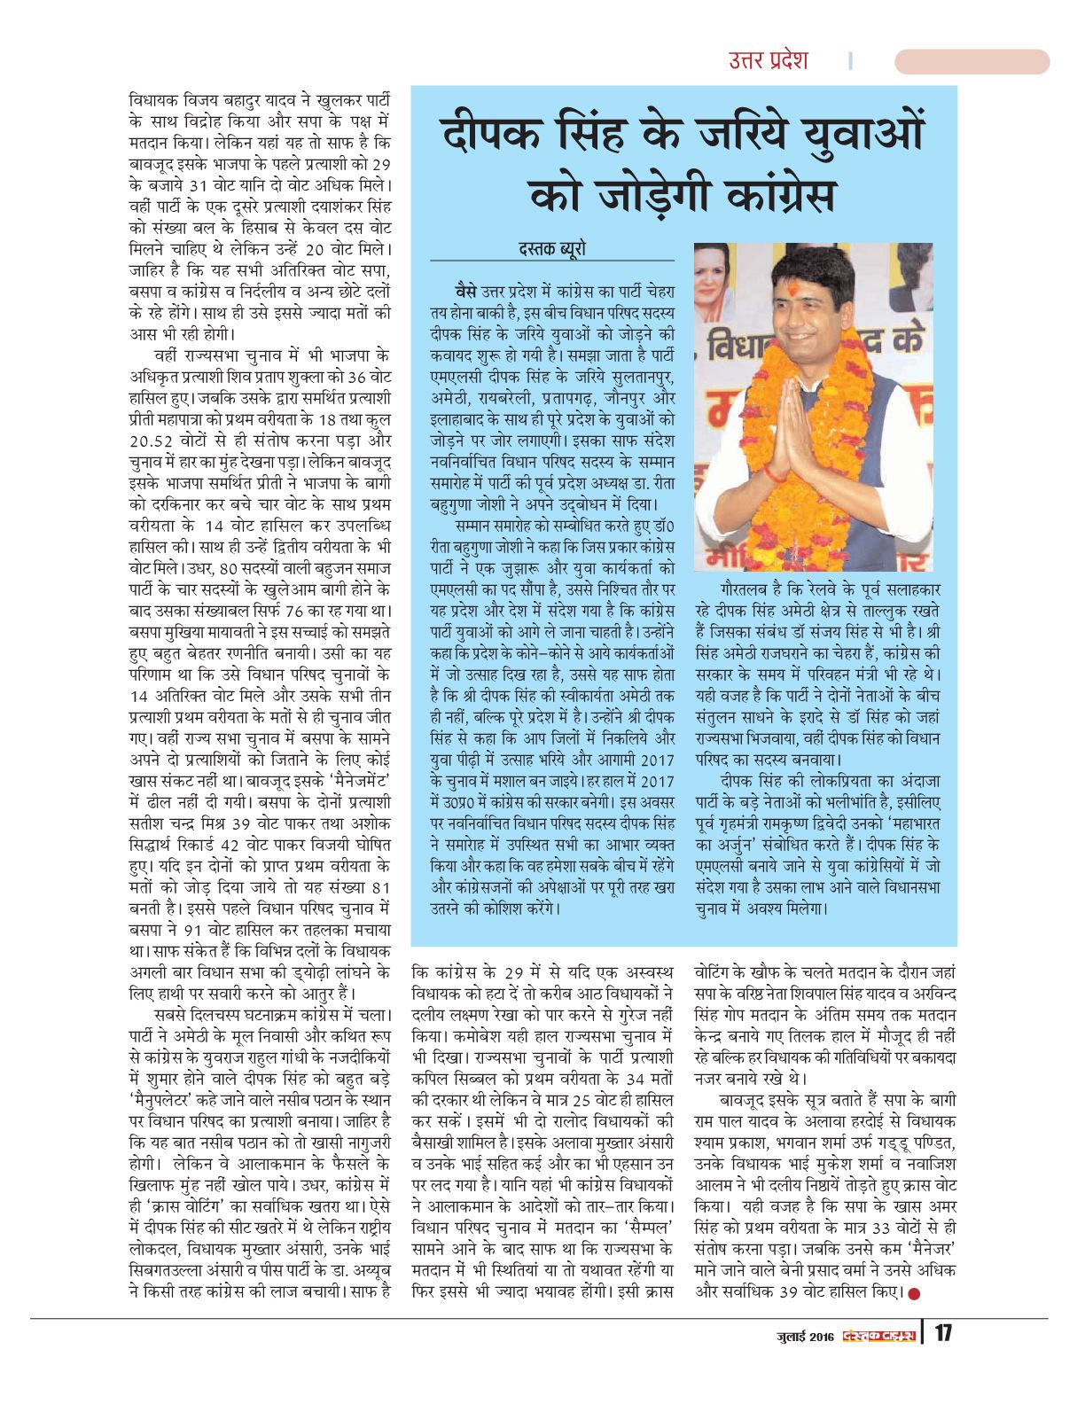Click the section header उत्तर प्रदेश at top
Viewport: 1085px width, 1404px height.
768,60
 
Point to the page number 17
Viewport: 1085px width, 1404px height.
943,1333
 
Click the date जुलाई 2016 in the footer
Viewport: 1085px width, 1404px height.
802,1335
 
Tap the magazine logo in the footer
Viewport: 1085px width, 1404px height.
879,1335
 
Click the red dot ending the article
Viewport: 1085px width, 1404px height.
914,1293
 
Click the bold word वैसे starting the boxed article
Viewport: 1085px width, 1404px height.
464,292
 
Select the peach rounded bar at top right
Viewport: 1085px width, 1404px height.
972,61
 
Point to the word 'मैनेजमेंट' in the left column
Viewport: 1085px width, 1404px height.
354,780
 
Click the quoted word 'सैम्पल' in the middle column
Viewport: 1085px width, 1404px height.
638,1228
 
